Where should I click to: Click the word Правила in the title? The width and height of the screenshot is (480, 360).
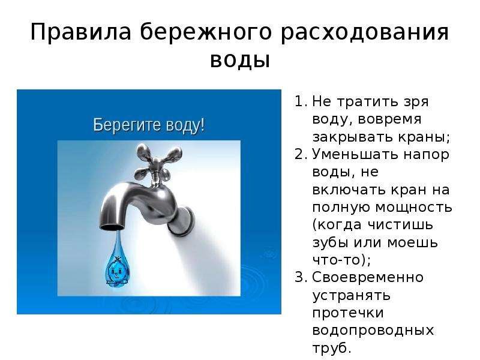click(81, 32)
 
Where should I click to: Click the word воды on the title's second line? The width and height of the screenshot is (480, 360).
click(240, 61)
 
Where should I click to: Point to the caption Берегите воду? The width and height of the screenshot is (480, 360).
click(149, 125)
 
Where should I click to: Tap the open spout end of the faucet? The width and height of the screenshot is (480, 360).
click(112, 227)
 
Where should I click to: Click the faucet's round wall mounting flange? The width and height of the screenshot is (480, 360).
click(181, 221)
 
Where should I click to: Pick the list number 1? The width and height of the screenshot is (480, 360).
click(301, 101)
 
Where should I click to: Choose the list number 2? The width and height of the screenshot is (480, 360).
click(301, 154)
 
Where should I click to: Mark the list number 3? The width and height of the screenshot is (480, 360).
click(301, 277)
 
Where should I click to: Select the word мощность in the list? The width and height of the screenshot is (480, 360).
click(413, 208)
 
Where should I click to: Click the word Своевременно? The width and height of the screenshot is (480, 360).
click(368, 277)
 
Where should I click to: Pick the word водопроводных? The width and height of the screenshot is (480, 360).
click(373, 331)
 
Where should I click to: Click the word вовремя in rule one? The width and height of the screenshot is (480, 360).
click(389, 119)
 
